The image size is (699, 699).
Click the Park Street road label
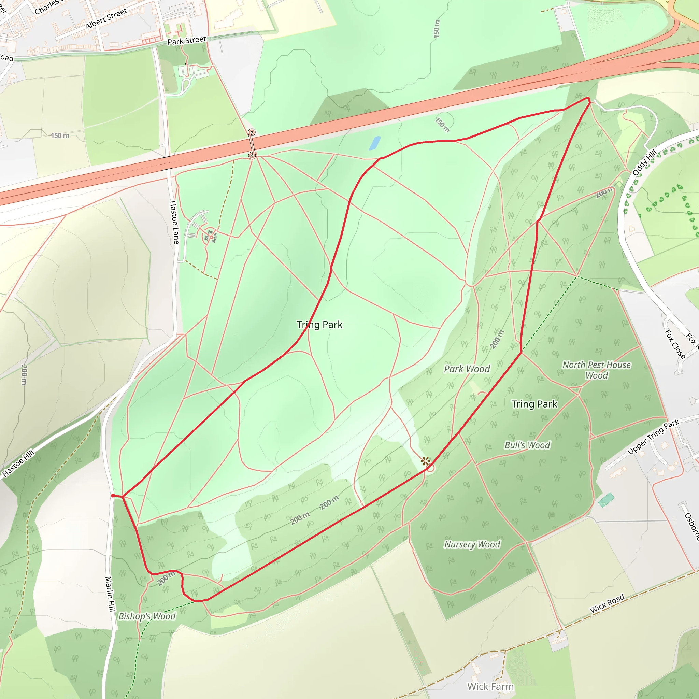tap(187, 40)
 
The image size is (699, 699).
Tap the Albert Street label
tap(106, 19)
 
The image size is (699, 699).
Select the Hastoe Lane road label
tap(174, 222)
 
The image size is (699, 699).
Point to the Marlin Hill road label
tap(110, 594)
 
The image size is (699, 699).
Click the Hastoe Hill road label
tap(18, 463)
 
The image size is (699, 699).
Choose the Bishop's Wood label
tap(147, 616)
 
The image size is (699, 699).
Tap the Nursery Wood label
tap(472, 544)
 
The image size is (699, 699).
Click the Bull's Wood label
tap(527, 445)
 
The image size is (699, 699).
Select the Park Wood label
tap(467, 369)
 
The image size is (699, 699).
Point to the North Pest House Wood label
tap(596, 370)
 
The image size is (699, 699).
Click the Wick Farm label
tap(490, 686)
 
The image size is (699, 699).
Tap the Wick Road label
tap(607, 603)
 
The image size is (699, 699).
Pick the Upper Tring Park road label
tap(653, 437)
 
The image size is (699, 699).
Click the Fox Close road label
tap(675, 344)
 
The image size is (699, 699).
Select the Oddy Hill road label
tap(644, 163)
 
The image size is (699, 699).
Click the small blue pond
tap(374, 143)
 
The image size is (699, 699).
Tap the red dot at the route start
tap(113, 496)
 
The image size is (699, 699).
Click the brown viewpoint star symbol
tap(426, 461)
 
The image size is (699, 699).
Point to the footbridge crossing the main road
tap(252, 144)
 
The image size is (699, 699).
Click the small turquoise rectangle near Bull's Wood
tap(606, 500)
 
